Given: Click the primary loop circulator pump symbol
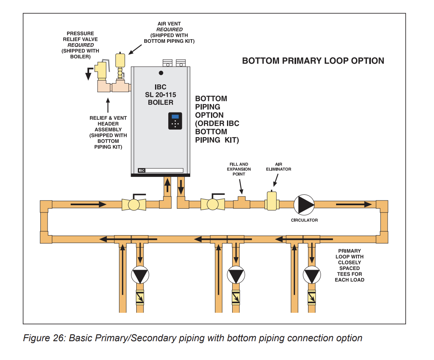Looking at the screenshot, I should pos(304,204).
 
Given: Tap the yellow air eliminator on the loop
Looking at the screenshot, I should pos(273,200).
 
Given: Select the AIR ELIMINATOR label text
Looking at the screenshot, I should pos(279,166).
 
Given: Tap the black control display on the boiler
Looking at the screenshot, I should pos(175,121).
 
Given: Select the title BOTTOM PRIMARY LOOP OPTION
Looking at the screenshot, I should pos(313,61).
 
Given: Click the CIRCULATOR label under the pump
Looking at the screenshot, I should pos(304,220).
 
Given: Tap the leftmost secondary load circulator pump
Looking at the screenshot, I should pos(140,275).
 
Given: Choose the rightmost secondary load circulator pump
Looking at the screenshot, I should pos(312,275).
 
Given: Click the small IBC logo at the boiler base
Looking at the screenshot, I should pos(141,170).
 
